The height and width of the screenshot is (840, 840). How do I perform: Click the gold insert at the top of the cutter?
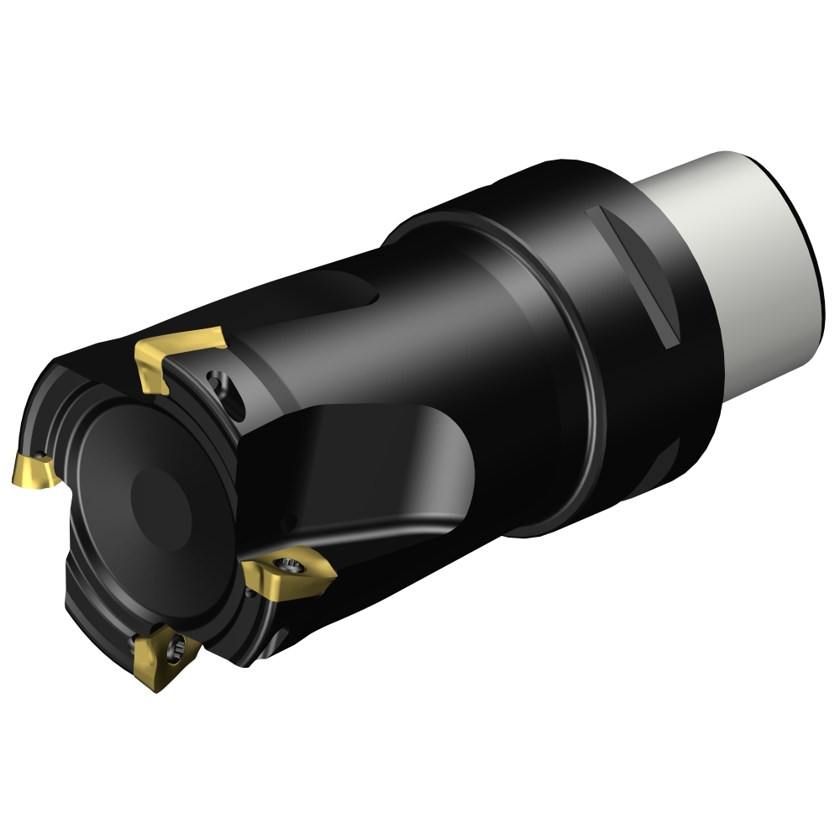pos(179,357)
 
